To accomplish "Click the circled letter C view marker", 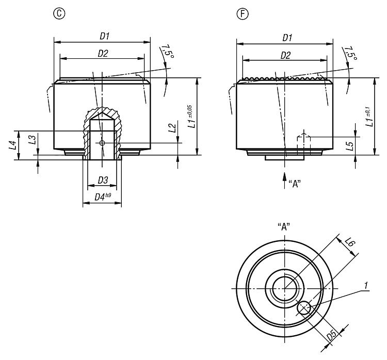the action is click(x=59, y=13).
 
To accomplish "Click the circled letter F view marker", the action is click(x=243, y=13).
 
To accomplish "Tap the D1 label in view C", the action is click(x=104, y=36).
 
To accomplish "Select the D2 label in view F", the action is click(x=285, y=55).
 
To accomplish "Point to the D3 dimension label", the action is click(x=103, y=180).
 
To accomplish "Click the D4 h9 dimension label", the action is click(x=103, y=197).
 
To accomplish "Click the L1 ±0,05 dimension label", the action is click(x=191, y=117).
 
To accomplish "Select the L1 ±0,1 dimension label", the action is click(x=369, y=117).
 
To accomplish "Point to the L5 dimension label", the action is click(x=349, y=146).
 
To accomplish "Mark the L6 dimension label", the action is click(x=350, y=242).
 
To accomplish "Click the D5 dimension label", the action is click(x=331, y=335).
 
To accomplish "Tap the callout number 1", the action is click(x=366, y=286).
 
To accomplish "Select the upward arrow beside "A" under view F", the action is click(x=284, y=181).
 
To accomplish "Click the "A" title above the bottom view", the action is click(x=284, y=226).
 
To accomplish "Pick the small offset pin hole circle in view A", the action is click(x=304, y=308).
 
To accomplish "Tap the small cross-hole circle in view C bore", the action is click(x=102, y=143).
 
